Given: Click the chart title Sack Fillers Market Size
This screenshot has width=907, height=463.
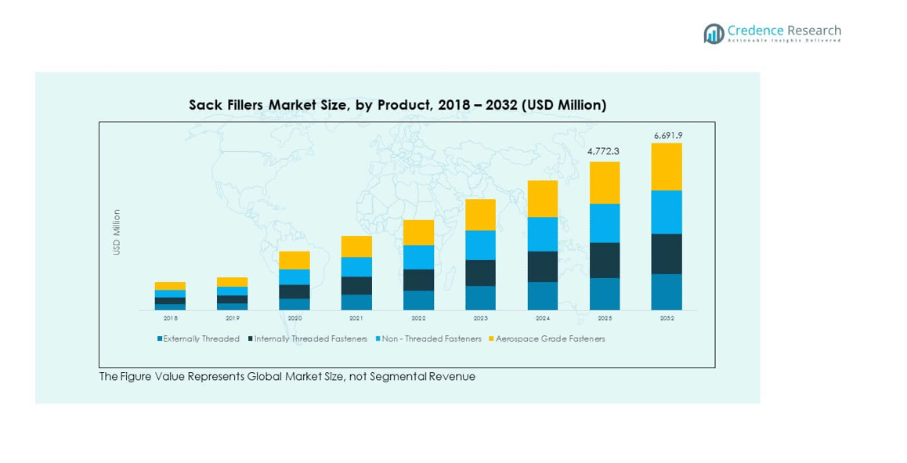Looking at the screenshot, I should click(397, 105).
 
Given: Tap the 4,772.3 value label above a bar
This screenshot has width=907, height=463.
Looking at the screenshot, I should click(604, 151).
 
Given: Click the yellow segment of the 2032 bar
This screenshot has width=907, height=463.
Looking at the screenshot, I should click(667, 167).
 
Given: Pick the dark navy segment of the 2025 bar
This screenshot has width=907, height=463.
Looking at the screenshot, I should click(604, 260).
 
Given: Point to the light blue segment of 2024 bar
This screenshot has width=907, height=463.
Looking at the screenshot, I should click(542, 234).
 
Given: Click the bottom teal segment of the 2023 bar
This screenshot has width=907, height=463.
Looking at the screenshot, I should click(480, 298).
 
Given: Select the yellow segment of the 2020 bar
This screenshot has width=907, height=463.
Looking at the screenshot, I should click(295, 260).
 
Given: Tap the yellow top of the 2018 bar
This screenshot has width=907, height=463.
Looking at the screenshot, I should click(170, 286).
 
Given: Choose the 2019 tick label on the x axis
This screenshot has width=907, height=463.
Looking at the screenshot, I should click(233, 319).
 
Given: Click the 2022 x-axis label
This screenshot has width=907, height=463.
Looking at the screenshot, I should click(418, 319).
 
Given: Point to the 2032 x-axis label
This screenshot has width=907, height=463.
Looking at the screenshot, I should click(667, 319).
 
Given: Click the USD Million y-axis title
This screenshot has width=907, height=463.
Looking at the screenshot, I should click(117, 232).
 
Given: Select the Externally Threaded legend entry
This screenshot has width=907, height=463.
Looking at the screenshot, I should click(199, 339).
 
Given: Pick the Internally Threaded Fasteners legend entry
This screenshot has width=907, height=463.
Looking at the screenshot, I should click(308, 339).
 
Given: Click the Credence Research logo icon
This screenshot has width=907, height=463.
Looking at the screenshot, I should click(714, 34).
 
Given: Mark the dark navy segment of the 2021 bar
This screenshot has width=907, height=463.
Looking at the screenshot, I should click(356, 285).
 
